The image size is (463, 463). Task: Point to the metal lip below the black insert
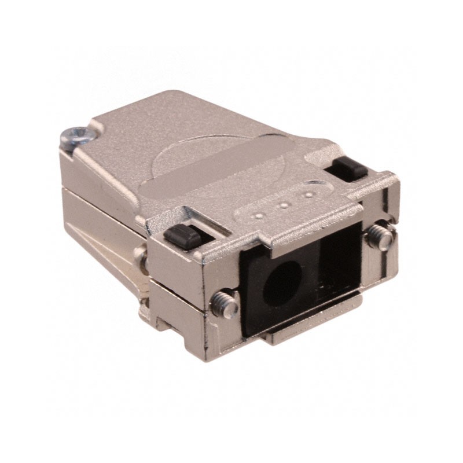tap(313, 330)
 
